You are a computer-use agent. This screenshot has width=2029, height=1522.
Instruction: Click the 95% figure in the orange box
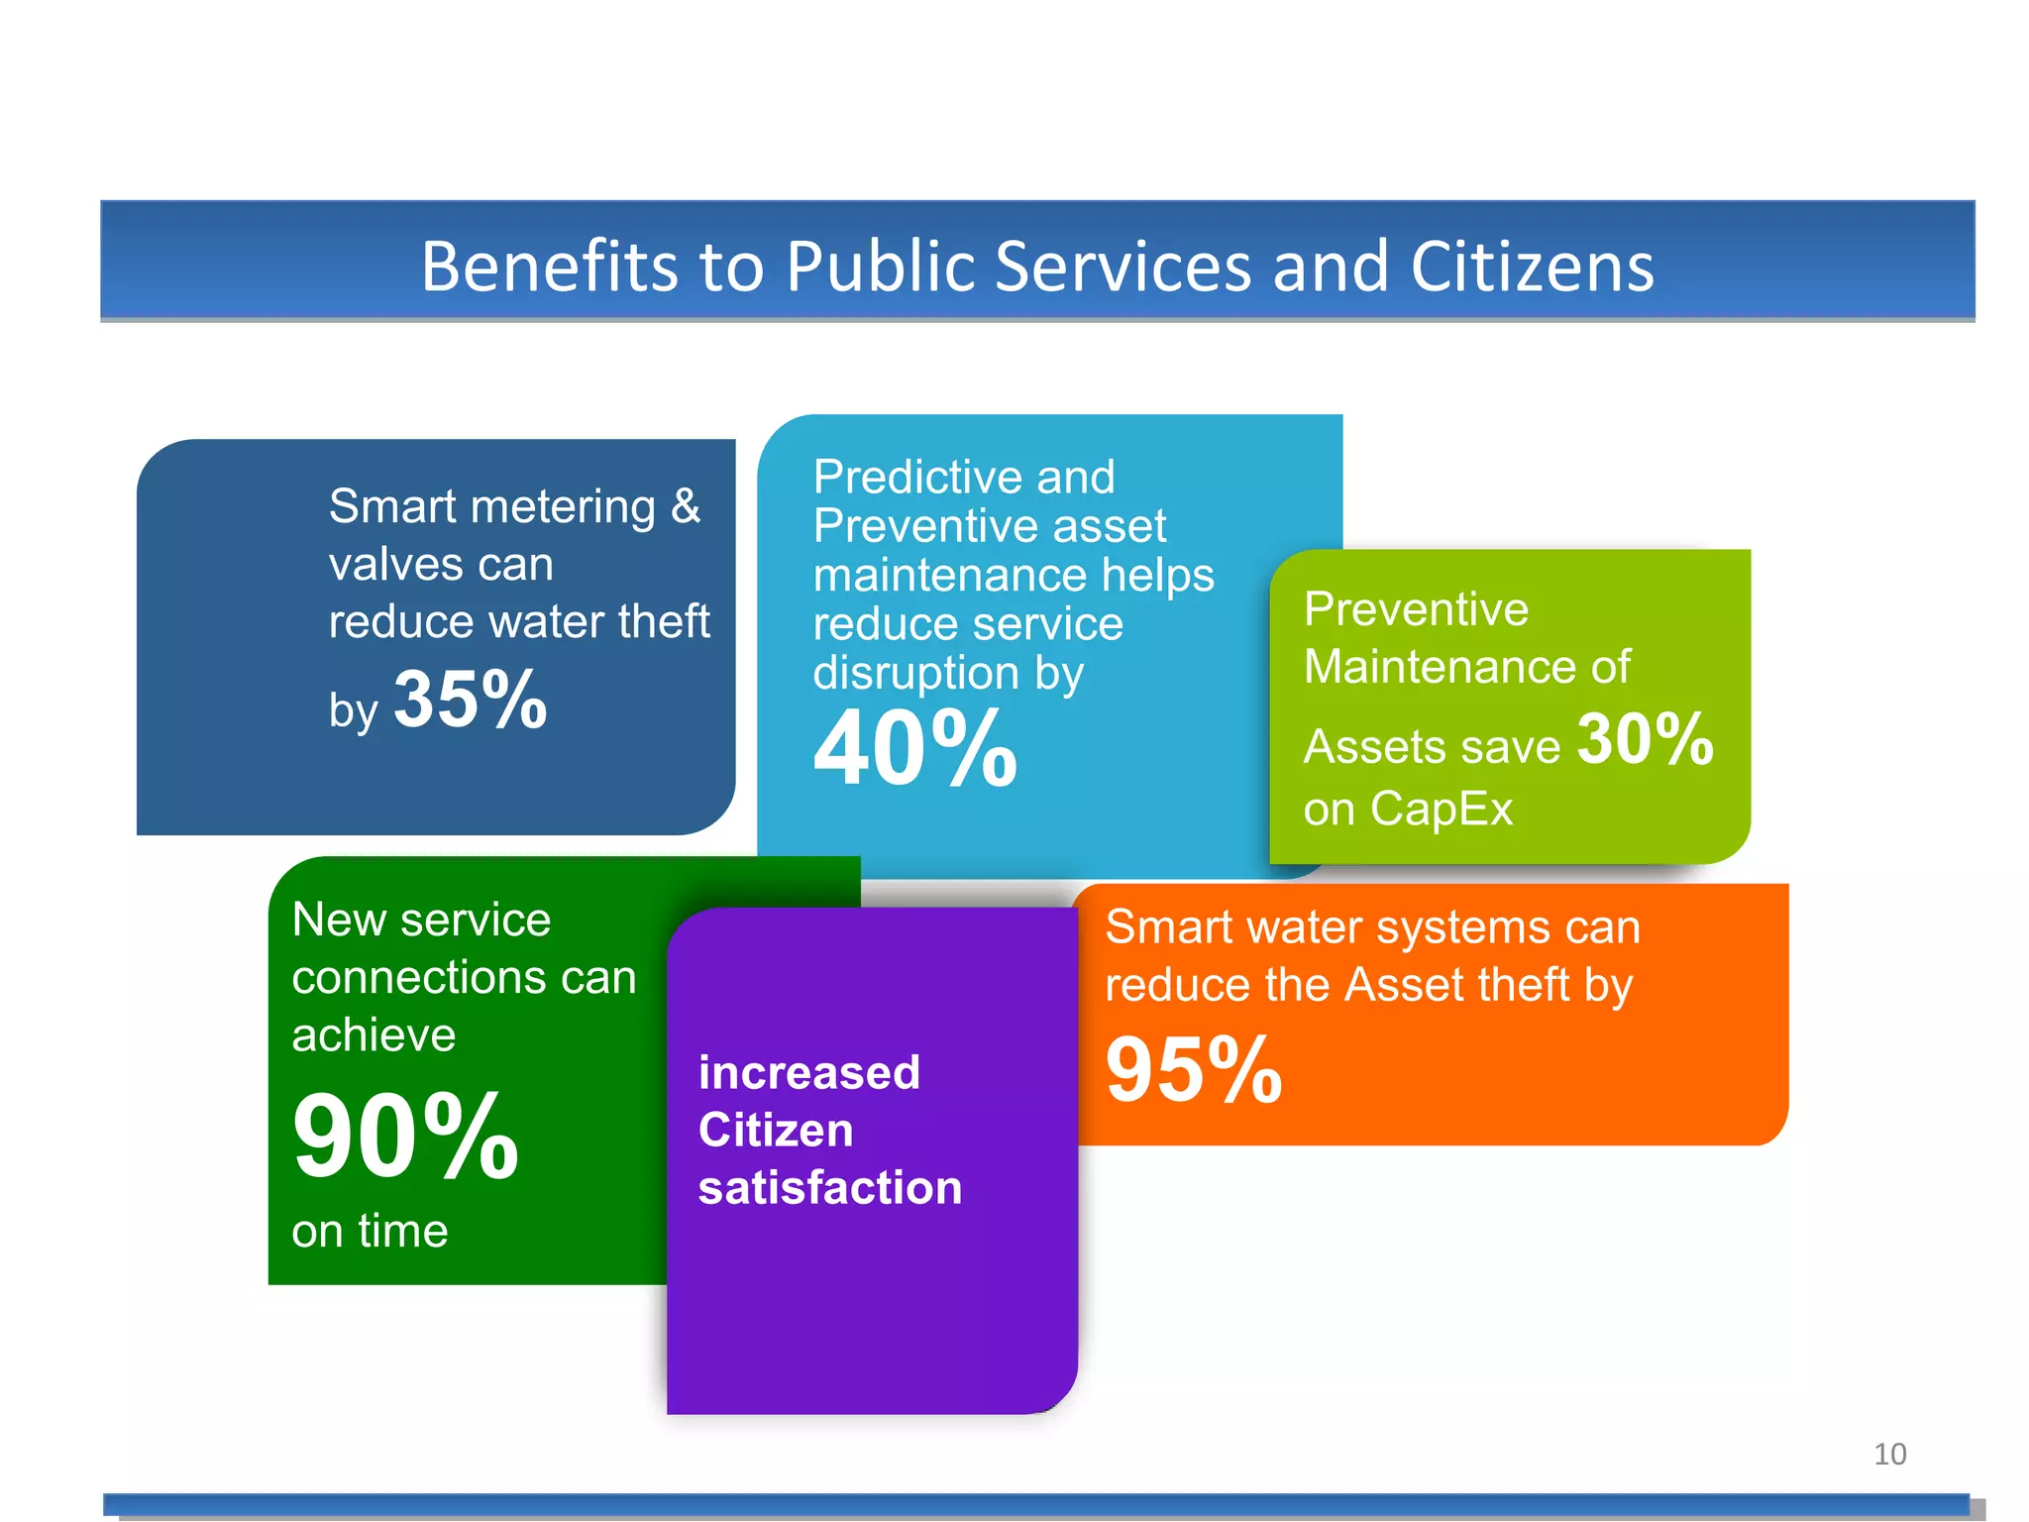click(x=1194, y=1069)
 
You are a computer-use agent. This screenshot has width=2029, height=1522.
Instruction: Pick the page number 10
click(x=1889, y=1454)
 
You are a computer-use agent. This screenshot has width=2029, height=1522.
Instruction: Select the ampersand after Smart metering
click(x=686, y=506)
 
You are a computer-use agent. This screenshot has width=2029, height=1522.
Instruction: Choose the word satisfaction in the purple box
click(x=830, y=1187)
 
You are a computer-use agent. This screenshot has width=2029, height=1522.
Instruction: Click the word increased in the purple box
click(x=809, y=1072)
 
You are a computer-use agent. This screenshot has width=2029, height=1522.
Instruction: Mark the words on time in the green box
click(x=370, y=1231)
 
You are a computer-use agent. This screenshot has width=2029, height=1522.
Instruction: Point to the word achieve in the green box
click(x=374, y=1035)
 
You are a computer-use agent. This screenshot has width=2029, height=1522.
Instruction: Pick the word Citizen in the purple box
click(x=776, y=1130)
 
